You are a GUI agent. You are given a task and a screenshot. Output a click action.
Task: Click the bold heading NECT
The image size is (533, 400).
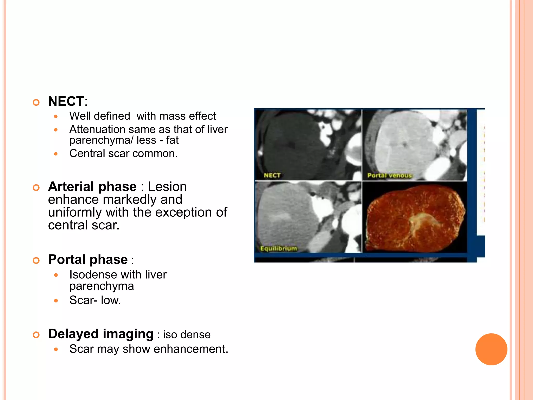pos(66,101)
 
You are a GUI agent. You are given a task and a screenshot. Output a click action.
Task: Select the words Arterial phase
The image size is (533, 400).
pos(92,187)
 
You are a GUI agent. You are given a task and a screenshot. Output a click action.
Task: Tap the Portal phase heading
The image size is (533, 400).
pos(88,260)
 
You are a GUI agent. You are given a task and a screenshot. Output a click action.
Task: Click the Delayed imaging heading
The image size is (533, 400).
pos(101,334)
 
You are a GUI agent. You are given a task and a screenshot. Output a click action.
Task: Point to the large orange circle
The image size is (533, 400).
pos(491,349)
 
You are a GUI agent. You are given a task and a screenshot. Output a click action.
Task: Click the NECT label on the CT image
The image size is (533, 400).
pos(272,175)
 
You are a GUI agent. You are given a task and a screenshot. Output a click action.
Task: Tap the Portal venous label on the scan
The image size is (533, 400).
pos(389,175)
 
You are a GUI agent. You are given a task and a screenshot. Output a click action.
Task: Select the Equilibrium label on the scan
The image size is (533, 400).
pos(278,248)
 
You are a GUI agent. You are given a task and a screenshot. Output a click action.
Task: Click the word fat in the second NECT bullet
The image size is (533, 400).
pos(172,140)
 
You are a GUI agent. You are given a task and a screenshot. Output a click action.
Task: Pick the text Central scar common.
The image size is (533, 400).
pos(123,153)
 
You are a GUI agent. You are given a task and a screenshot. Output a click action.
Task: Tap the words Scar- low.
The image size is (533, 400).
pos(95,300)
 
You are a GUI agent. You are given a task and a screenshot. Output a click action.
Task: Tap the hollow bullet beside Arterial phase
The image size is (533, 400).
pos(36,187)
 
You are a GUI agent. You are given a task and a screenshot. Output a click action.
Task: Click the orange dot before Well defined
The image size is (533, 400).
pos(56,116)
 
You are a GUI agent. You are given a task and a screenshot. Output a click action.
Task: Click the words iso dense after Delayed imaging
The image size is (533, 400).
pos(187,335)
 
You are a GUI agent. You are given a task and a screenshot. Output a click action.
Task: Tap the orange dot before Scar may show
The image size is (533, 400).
pos(56,349)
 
